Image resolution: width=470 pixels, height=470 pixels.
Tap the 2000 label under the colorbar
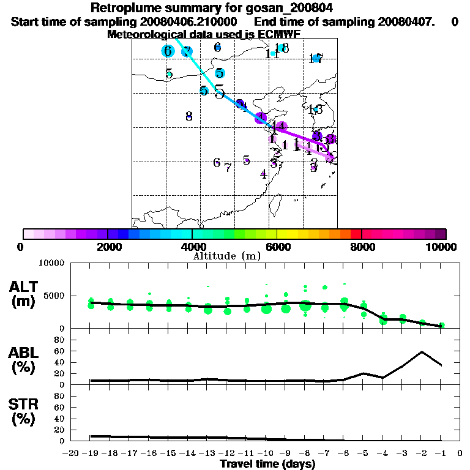point(108,247)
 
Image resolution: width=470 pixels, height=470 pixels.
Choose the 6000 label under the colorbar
point(277,247)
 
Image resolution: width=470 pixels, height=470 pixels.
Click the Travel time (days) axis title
point(267,464)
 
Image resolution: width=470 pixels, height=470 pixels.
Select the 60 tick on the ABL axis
point(61,351)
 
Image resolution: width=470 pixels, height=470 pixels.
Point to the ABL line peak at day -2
point(422,352)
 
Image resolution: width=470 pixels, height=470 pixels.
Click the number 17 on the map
point(316,58)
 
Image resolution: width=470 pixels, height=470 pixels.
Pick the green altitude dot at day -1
point(441,326)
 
